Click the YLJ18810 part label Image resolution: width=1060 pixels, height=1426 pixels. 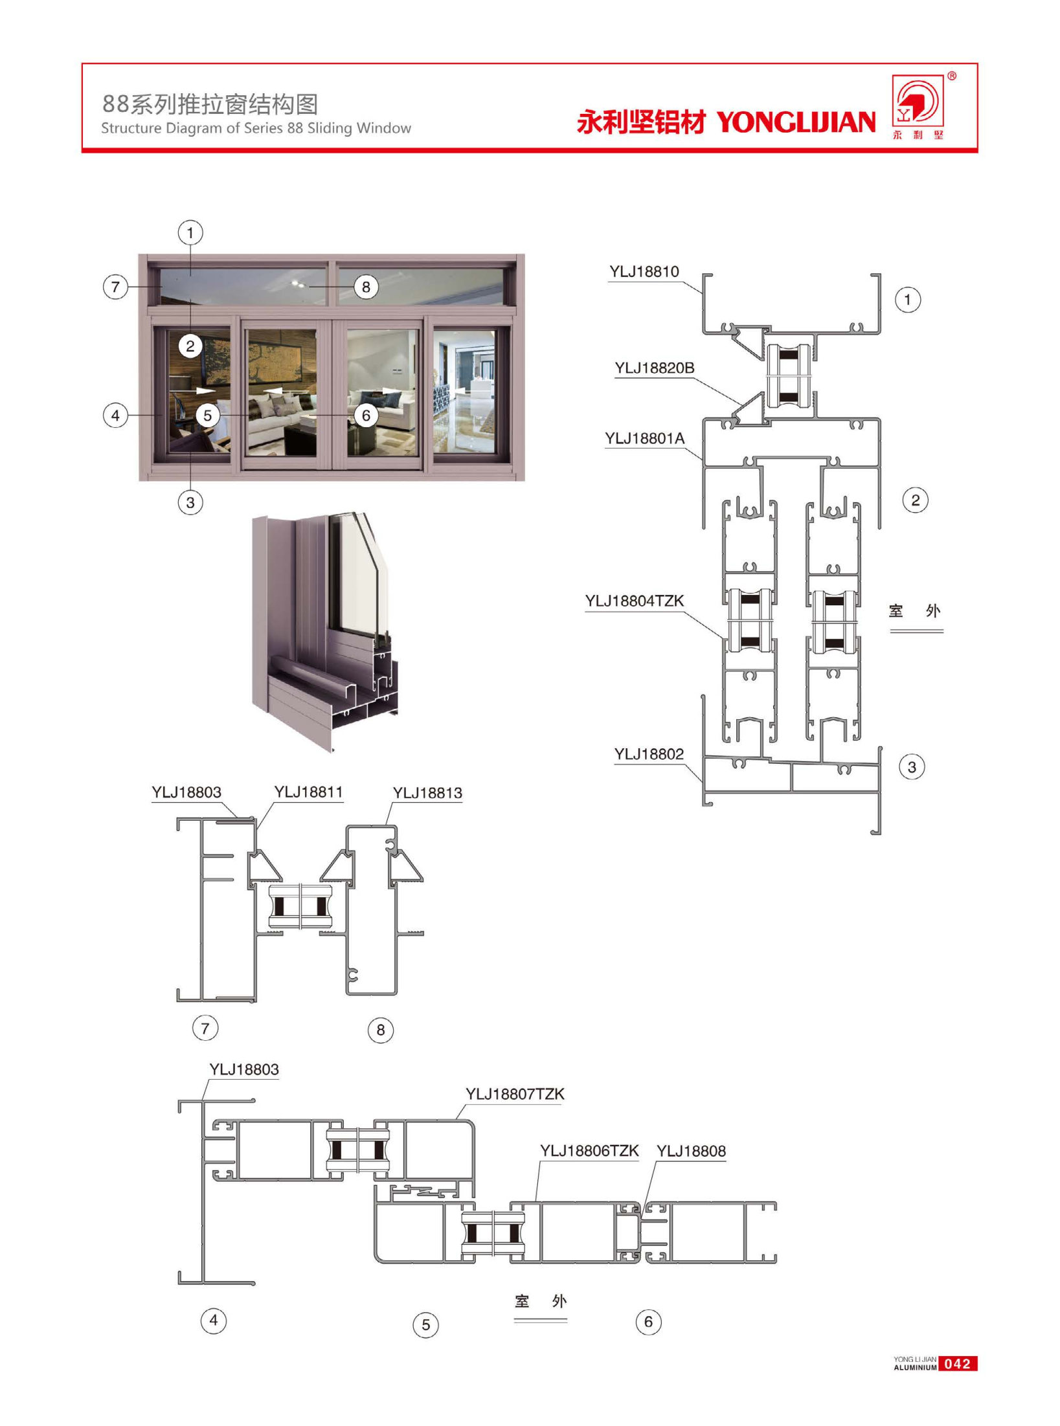click(x=644, y=272)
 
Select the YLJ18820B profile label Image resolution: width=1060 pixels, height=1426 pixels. click(x=655, y=368)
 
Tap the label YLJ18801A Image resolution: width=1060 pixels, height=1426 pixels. click(x=645, y=439)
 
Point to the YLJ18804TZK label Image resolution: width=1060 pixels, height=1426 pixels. click(x=635, y=601)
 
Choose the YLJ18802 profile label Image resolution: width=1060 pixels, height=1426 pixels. click(x=649, y=754)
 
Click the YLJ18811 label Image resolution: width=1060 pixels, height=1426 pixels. click(x=308, y=792)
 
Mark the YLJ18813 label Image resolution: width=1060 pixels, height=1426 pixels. click(x=427, y=794)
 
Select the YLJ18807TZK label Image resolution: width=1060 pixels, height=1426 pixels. click(x=515, y=1095)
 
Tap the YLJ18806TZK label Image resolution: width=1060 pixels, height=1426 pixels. click(x=589, y=1151)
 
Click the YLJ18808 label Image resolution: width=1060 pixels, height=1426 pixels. click(x=692, y=1152)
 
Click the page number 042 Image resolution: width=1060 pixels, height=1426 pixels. click(x=958, y=1364)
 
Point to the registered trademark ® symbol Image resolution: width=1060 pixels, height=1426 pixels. click(x=952, y=76)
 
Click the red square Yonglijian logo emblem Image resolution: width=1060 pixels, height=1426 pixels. click(x=918, y=100)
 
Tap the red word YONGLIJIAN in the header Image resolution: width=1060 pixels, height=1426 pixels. click(x=796, y=122)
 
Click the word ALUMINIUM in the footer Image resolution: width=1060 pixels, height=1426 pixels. click(x=915, y=1368)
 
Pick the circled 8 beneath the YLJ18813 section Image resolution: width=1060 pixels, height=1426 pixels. click(x=381, y=1030)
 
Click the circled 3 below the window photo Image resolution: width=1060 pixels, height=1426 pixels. click(x=190, y=502)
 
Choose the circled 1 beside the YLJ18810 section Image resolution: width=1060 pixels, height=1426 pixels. click(x=908, y=300)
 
